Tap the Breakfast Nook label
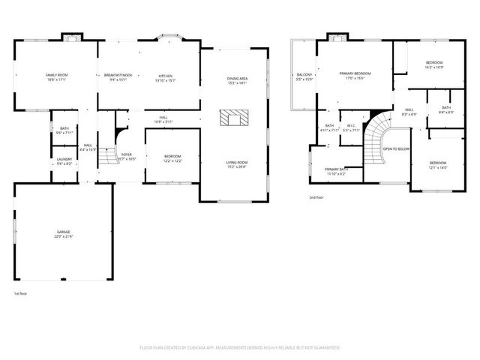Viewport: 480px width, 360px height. (x=118, y=76)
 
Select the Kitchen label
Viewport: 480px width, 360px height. (x=165, y=76)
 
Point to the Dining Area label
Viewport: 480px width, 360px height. (x=238, y=79)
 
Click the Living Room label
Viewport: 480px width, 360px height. (x=238, y=163)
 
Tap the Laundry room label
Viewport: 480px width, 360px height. (x=64, y=160)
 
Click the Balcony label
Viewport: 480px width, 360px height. (x=304, y=75)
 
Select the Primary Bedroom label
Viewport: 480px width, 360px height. (x=355, y=73)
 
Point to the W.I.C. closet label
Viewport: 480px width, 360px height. (x=350, y=125)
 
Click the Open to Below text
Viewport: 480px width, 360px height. (x=395, y=149)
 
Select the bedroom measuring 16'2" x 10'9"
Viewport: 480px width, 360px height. (x=434, y=62)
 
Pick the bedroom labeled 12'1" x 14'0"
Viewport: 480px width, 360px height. (x=438, y=163)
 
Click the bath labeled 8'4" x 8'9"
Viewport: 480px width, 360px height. (x=446, y=108)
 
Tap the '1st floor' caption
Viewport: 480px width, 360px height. (x=21, y=293)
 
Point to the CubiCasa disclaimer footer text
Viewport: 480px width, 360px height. (x=240, y=348)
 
